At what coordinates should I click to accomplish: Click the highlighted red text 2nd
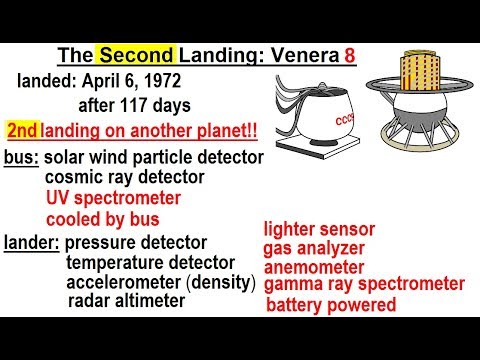click(23, 131)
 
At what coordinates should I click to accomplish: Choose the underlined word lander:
click(33, 243)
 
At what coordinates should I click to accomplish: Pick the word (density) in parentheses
click(219, 282)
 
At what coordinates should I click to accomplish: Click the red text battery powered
click(331, 305)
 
